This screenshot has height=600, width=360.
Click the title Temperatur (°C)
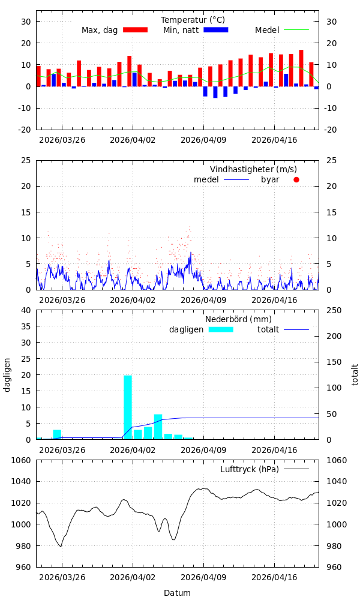point(193,20)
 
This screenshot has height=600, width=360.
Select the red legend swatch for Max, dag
point(135,29)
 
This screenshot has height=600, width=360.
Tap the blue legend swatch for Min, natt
point(216,29)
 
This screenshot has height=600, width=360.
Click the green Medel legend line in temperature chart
point(296,29)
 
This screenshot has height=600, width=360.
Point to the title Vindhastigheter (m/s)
point(253,169)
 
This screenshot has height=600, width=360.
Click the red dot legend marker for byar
point(296,179)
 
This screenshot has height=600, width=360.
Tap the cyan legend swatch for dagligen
point(221,329)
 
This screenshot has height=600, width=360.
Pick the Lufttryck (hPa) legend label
point(250,469)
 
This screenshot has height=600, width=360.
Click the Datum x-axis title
point(177,593)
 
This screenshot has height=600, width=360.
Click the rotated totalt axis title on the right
point(355,374)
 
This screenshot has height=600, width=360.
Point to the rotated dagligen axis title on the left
point(7,374)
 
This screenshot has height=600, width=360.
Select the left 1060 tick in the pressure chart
point(20,460)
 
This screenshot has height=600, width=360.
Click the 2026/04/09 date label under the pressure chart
point(203,578)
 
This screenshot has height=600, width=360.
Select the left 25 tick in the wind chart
point(26,160)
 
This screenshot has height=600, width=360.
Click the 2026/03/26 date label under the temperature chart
point(62,140)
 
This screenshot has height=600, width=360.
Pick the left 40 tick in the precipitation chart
point(26,310)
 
